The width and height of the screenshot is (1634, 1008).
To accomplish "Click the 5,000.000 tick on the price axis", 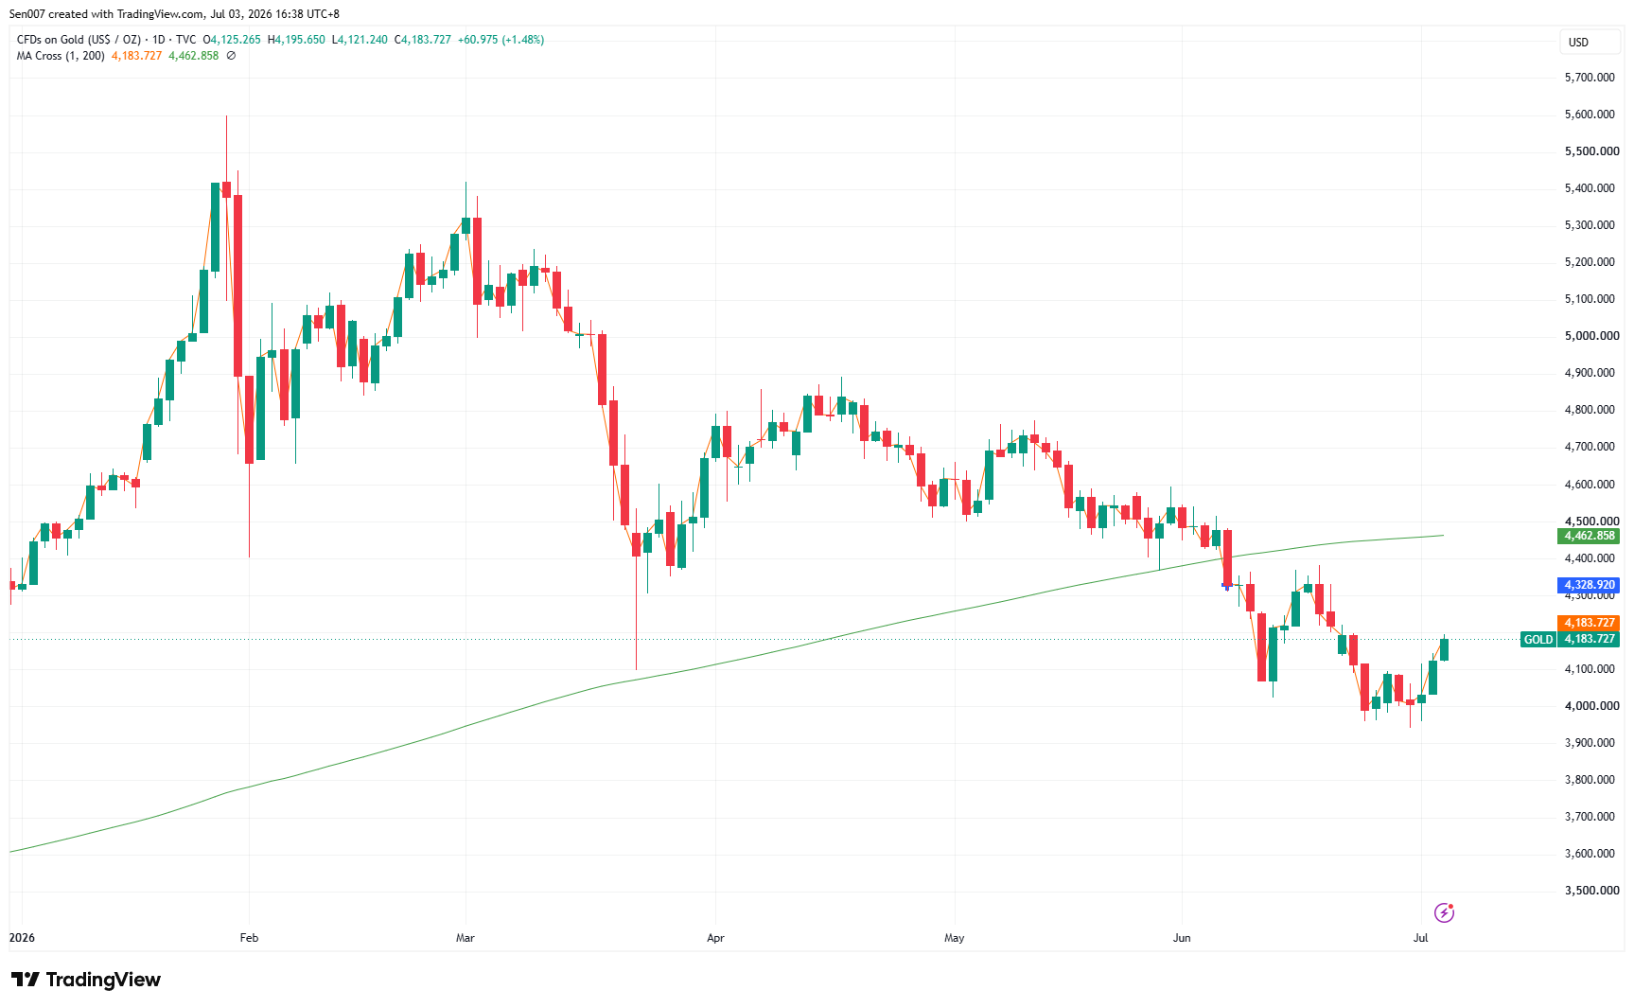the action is point(1590,336).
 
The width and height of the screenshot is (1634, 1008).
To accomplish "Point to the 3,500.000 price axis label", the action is point(1590,891).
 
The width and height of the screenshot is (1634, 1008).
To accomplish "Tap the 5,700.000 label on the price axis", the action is point(1590,78).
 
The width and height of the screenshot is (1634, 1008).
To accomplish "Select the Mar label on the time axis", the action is point(465,938).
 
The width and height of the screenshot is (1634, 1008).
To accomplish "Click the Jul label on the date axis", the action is point(1420,938).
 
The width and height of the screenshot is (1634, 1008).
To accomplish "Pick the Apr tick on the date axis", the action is point(715,938).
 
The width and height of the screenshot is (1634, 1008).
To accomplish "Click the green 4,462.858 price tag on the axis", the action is point(1589,536).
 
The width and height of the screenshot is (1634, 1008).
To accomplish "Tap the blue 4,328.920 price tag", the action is point(1589,585).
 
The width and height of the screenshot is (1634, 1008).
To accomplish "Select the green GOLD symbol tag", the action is point(1537,640).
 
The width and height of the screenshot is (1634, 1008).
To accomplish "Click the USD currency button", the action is point(1578,42).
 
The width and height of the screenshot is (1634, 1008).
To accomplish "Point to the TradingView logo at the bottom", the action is point(86,980).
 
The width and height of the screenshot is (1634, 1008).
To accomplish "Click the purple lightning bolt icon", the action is point(1444,912).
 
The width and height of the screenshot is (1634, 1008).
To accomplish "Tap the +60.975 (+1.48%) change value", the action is point(501,40).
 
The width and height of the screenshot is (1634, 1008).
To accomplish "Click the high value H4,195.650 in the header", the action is point(296,40).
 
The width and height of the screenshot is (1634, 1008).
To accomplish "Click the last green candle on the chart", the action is point(1444,648).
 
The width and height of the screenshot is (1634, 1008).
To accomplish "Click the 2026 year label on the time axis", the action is point(22,938).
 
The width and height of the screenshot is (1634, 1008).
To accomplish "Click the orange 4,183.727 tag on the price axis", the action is point(1589,623).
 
